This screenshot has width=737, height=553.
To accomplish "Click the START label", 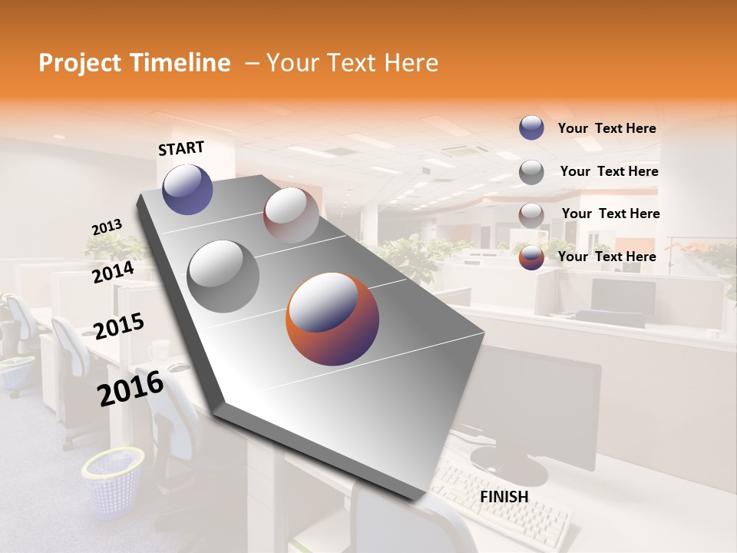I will [181, 148].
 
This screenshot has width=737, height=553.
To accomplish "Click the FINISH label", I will [504, 497].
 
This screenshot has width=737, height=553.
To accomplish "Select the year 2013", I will [107, 227].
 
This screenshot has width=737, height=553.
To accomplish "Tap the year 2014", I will [113, 272].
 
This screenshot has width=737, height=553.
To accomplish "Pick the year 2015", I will [118, 326].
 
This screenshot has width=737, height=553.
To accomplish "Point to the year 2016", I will [131, 389].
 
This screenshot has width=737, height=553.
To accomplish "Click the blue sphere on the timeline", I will [187, 189].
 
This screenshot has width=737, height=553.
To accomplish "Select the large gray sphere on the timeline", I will [223, 276].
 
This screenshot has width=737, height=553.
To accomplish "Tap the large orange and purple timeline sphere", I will [332, 319].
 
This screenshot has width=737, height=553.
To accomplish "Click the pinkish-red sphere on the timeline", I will [291, 215].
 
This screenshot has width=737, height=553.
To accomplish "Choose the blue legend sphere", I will [531, 127].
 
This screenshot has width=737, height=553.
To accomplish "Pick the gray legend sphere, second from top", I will [531, 171].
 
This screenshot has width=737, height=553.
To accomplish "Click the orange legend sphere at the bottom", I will [531, 257].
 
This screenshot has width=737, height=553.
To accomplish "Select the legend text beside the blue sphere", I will [606, 128].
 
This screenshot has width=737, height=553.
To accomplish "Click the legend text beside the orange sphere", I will [606, 257].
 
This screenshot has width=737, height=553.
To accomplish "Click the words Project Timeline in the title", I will [134, 63].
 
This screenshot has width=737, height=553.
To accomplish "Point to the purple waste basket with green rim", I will [113, 482].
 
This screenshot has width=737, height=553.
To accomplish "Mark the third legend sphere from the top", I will [531, 214].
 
